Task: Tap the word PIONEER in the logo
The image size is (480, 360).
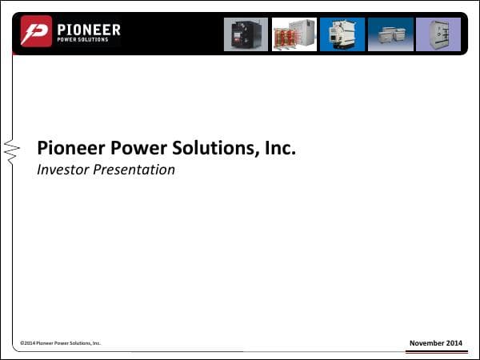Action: click(88, 30)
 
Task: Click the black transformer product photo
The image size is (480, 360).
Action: click(246, 34)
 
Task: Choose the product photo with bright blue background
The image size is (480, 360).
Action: click(342, 34)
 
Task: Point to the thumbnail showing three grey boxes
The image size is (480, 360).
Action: click(390, 34)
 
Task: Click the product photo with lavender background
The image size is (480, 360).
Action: click(438, 34)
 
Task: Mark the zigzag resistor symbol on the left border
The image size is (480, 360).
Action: click(11, 150)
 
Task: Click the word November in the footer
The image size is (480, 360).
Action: click(426, 343)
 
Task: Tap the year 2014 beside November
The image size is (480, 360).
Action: click(454, 343)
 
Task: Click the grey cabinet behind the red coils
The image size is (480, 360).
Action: click(305, 29)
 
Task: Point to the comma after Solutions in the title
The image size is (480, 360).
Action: click(257, 154)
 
